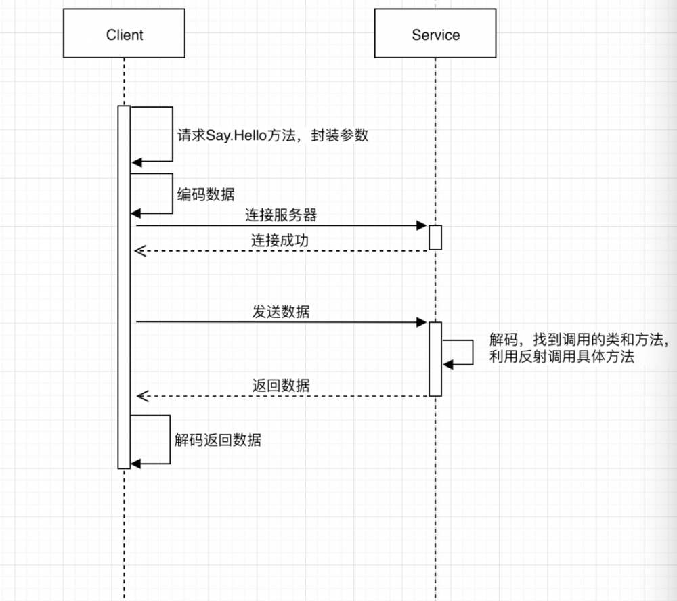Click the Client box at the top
(125, 35)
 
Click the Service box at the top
(435, 35)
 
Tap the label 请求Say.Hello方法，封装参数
(273, 135)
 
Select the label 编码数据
(206, 194)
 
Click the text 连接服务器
(281, 216)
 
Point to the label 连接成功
(281, 240)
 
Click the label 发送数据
(281, 312)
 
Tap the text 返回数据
(281, 385)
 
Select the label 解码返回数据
(218, 440)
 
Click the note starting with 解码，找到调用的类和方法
(579, 348)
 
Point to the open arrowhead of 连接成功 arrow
(139, 251)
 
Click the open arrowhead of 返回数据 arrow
(139, 395)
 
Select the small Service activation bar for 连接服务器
(435, 238)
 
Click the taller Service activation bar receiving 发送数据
(435, 359)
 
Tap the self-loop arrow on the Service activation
(473, 353)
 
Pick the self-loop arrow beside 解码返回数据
(169, 440)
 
